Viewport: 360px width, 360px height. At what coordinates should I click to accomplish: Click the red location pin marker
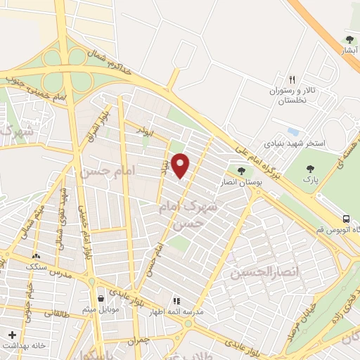[x=181, y=165]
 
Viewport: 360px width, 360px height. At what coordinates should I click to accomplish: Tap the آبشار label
[x=350, y=51]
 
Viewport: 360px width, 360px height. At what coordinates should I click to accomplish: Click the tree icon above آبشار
[x=350, y=39]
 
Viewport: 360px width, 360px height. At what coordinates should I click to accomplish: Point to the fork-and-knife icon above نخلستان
[x=292, y=79]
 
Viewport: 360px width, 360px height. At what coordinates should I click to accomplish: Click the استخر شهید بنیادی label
[x=294, y=143]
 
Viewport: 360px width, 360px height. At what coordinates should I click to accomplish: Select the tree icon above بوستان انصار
[x=242, y=169]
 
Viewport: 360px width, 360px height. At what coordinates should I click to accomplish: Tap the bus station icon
[x=346, y=218]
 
